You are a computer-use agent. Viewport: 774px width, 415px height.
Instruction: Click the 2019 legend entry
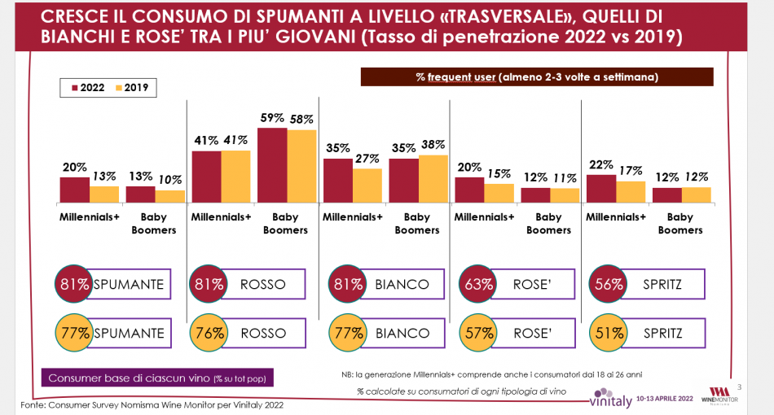(130, 88)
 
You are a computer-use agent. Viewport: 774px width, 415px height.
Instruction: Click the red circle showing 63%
(477, 284)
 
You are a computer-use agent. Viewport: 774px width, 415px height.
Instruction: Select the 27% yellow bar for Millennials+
(367, 186)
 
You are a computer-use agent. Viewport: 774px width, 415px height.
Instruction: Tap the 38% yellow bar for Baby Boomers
(433, 178)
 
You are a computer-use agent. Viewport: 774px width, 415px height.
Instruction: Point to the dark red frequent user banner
(536, 76)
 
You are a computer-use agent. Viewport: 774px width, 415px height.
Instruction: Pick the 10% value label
(169, 180)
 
